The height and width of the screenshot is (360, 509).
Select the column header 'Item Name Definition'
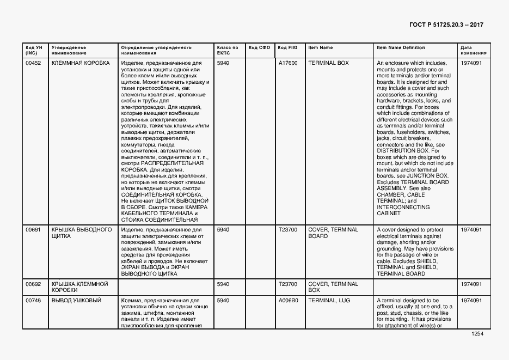pyautogui.click(x=401, y=47)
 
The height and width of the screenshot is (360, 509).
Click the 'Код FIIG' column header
pyautogui.click(x=288, y=47)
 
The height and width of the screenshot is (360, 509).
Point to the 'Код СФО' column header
pyautogui.click(x=259, y=47)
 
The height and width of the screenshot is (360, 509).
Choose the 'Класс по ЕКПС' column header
pyautogui.click(x=228, y=50)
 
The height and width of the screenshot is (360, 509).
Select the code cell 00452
pyautogui.click(x=34, y=63)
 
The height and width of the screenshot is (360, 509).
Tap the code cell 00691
pyautogui.click(x=34, y=230)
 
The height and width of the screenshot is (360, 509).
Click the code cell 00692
pyautogui.click(x=34, y=284)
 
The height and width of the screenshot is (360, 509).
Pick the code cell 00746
pyautogui.click(x=34, y=301)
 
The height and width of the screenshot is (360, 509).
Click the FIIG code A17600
pyautogui.click(x=288, y=63)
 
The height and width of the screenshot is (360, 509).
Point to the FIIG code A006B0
pyautogui.click(x=288, y=301)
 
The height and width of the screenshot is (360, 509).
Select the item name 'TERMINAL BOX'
pyautogui.click(x=328, y=63)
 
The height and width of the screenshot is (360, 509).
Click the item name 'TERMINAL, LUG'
pyautogui.click(x=329, y=301)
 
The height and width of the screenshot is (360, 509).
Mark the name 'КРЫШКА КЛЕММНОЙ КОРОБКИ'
pyautogui.click(x=80, y=287)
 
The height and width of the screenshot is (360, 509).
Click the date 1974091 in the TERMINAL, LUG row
pyautogui.click(x=471, y=301)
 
